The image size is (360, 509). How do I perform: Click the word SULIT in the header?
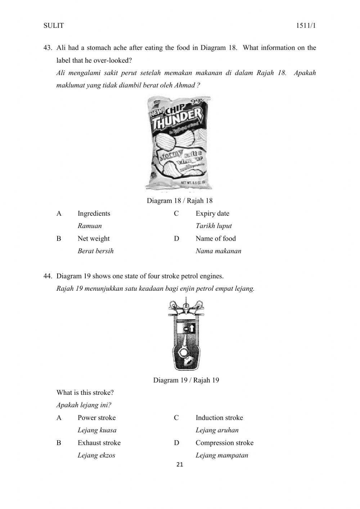pos(53,26)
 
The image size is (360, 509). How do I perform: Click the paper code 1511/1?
pos(306,26)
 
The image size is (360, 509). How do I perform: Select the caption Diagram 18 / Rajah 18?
pos(180,201)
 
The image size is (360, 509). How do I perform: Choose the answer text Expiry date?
pos(212,213)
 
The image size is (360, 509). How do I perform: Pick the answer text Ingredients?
pos(94,213)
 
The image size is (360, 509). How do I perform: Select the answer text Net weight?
pos(94,238)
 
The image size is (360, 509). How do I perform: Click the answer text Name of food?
pos(216,238)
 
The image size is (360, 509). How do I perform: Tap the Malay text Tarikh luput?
pos(213,226)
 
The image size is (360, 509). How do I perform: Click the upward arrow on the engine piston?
pos(192,328)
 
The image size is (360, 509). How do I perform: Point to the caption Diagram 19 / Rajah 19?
pos(186,380)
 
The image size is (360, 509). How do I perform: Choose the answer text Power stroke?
pos(96,418)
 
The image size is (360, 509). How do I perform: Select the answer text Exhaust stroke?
pos(99,443)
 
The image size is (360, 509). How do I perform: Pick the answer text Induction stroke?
pos(219,418)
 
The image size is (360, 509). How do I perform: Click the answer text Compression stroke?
pos(224,443)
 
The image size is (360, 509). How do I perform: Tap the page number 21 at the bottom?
pos(180,465)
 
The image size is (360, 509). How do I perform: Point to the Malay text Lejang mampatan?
pos(222,455)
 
